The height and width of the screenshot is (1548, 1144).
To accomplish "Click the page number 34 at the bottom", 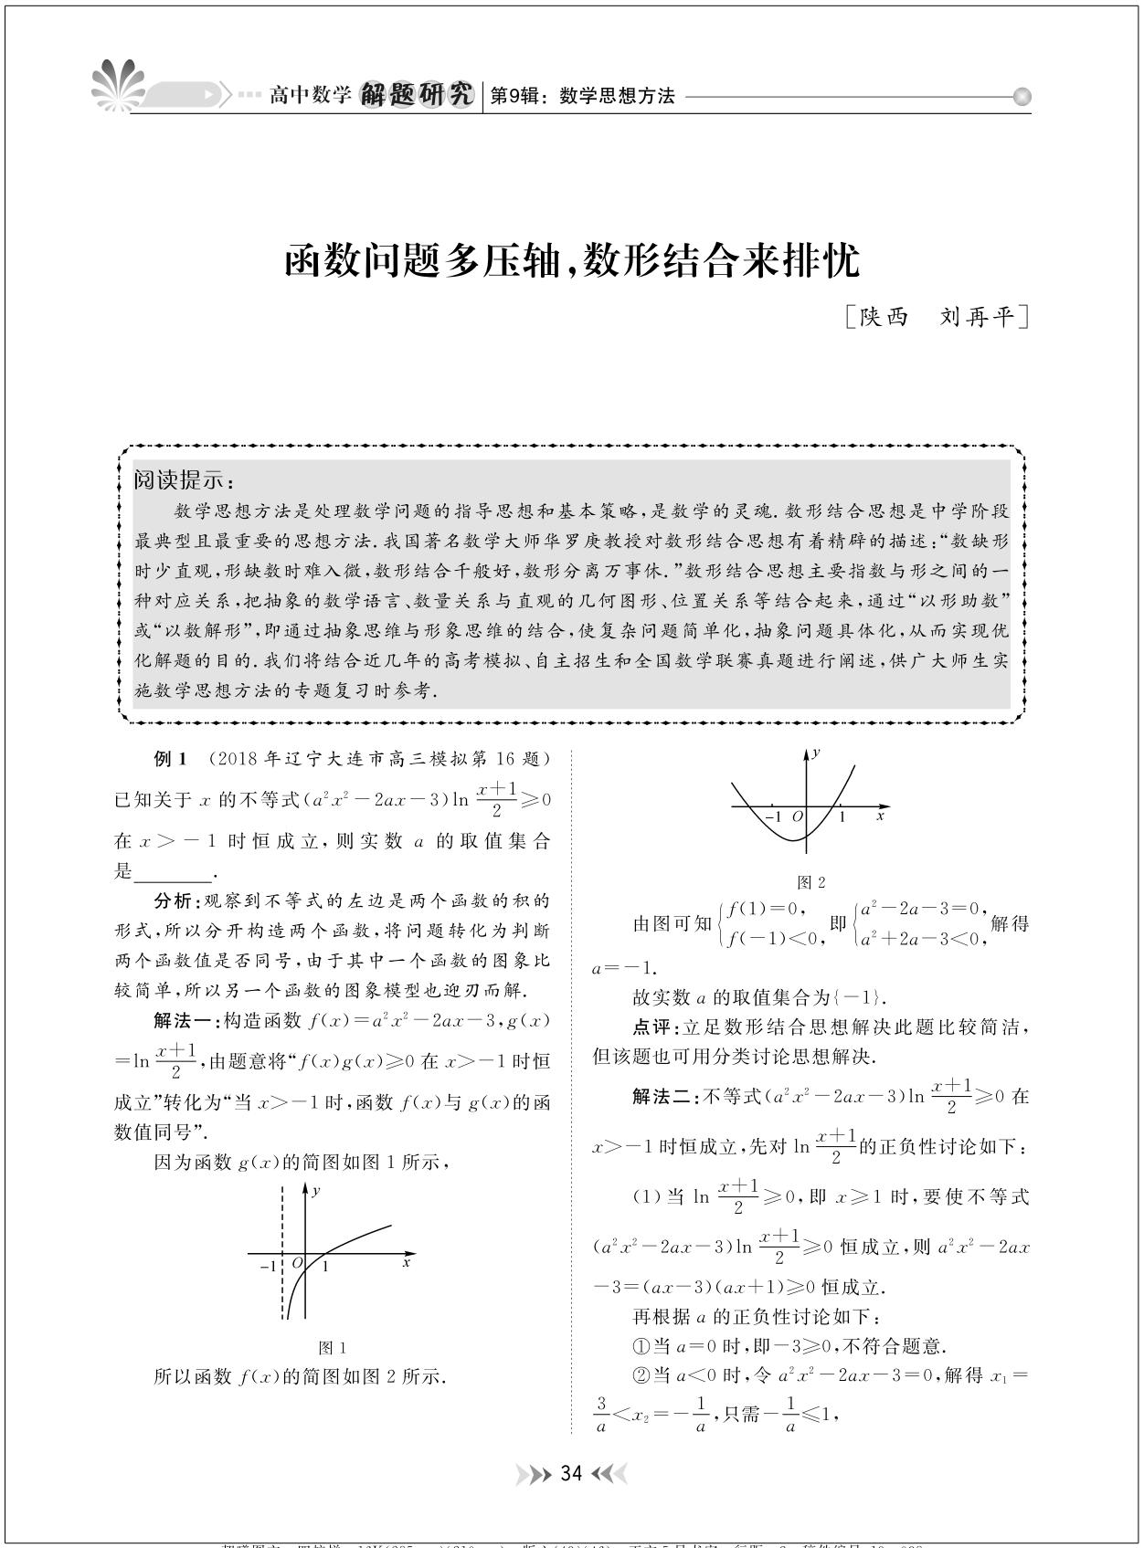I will tap(571, 1473).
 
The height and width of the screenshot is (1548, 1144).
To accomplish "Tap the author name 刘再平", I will tap(977, 317).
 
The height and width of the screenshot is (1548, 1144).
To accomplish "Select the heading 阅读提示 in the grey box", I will tap(184, 480).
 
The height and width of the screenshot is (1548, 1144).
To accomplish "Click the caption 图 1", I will tap(332, 1348).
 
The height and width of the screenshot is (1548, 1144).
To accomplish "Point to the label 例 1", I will tap(171, 759).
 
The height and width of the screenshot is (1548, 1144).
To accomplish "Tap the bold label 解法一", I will tap(185, 1020).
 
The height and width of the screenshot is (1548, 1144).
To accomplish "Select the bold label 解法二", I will tap(664, 1096).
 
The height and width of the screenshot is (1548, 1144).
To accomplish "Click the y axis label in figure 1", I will tap(316, 1191).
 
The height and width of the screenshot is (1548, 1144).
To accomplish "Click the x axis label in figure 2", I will tap(880, 815).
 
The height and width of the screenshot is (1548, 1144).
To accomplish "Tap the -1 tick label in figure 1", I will tap(268, 1267).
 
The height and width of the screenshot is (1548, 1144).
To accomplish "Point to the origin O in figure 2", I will tap(797, 816).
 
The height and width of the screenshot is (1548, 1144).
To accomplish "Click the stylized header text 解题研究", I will tap(418, 95).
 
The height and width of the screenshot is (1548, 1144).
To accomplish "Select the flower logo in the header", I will tap(118, 87).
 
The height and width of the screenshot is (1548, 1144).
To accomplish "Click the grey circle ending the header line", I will tap(1022, 96).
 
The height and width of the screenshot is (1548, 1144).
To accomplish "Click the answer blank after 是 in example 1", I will tap(172, 872).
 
